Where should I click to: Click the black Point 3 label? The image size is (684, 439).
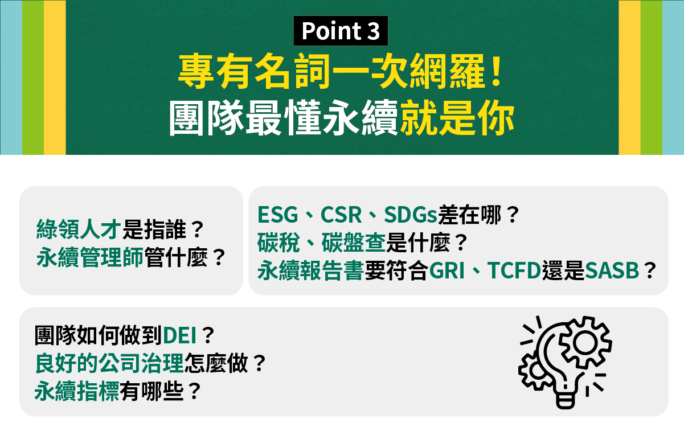pyautogui.click(x=341, y=31)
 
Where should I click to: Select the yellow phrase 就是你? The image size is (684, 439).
pyautogui.click(x=457, y=117)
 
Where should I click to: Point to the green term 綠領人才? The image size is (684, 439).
pyautogui.click(x=79, y=229)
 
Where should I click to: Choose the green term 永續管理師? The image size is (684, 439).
pyautogui.click(x=90, y=257)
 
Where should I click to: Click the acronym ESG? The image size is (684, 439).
pyautogui.click(x=277, y=215)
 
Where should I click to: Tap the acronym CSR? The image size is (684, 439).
pyautogui.click(x=341, y=215)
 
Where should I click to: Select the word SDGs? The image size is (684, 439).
pyautogui.click(x=411, y=215)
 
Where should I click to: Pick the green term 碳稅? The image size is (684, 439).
pyautogui.click(x=278, y=243)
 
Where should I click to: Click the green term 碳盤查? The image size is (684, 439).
pyautogui.click(x=353, y=243)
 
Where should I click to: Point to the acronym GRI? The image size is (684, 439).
pyautogui.click(x=447, y=270)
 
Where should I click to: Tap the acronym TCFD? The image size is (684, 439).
pyautogui.click(x=514, y=270)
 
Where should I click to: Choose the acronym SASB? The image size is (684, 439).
pyautogui.click(x=612, y=270)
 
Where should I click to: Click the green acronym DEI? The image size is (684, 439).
pyautogui.click(x=180, y=335)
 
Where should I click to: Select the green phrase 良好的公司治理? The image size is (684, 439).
pyautogui.click(x=109, y=363)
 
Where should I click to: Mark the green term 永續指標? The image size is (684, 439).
pyautogui.click(x=77, y=391)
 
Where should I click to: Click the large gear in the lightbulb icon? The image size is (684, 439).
pyautogui.click(x=585, y=342)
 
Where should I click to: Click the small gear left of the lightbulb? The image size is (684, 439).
pyautogui.click(x=533, y=371)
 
